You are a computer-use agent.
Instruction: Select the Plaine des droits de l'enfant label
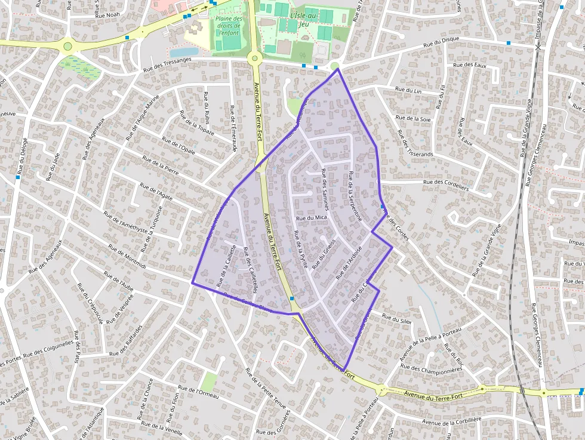click(x=229, y=26)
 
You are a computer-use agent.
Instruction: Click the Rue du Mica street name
click(x=312, y=218)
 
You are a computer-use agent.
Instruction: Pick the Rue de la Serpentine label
click(x=355, y=196)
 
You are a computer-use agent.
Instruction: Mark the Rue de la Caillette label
click(x=228, y=266)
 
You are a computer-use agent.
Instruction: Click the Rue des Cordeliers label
click(x=446, y=184)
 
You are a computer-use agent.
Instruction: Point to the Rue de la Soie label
click(x=414, y=118)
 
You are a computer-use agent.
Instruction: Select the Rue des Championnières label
click(x=432, y=369)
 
